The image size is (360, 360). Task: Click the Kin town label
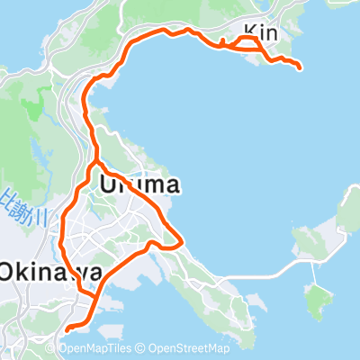pos(260,33)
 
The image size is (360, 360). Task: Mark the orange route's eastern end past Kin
pos(298,65)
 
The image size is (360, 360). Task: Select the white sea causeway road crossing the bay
pos(270,267)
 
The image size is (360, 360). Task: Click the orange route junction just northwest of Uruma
pos(95,164)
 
